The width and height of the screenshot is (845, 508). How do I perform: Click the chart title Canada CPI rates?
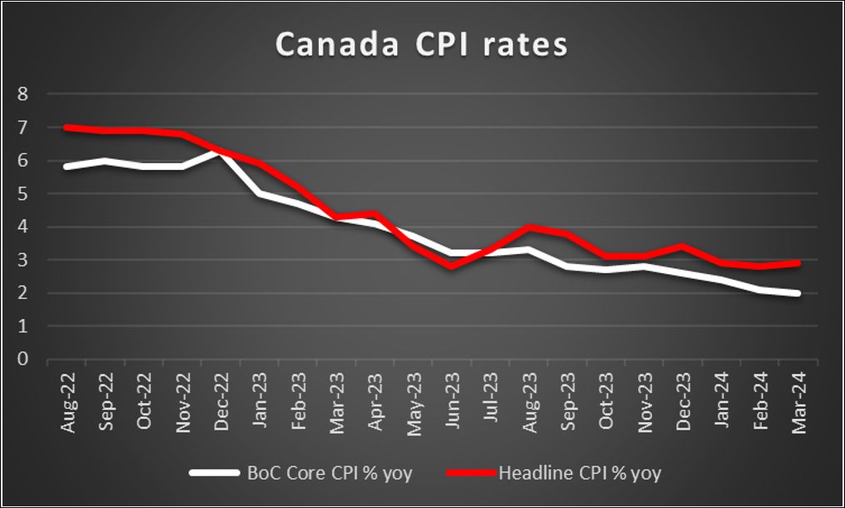[x=421, y=45]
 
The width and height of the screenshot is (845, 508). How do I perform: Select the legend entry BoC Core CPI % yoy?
[x=330, y=474]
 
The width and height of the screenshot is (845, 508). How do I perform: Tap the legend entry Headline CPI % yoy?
[x=579, y=474]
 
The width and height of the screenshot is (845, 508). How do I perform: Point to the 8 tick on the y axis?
[x=23, y=94]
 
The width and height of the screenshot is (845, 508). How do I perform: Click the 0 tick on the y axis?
[x=23, y=360]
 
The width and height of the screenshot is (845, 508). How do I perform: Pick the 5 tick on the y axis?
[x=23, y=194]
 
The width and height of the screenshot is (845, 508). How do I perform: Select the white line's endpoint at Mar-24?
[x=798, y=293]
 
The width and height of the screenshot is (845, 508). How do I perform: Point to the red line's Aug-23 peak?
[x=529, y=227]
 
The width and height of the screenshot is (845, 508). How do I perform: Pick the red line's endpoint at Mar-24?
[x=798, y=263]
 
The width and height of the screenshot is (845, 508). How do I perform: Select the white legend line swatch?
[x=214, y=474]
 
